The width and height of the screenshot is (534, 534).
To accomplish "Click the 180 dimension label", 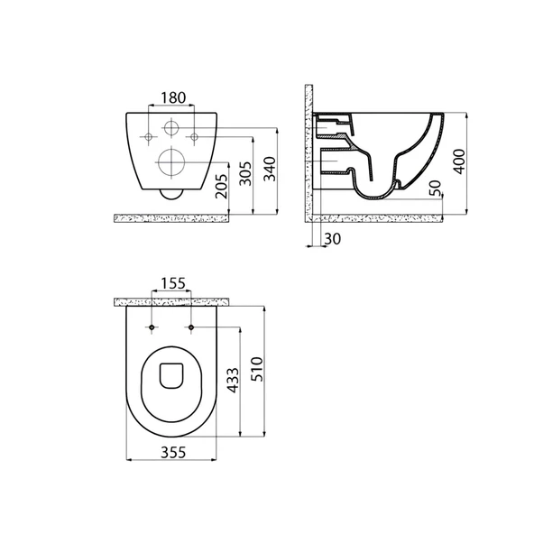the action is click(x=173, y=97).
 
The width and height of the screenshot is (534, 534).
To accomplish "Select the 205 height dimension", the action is click(x=221, y=187).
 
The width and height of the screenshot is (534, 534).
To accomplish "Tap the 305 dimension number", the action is click(x=245, y=173).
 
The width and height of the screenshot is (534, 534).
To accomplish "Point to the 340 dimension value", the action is click(x=270, y=169).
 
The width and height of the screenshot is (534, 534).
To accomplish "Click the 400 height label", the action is click(x=459, y=161).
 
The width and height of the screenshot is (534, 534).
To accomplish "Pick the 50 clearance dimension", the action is click(x=435, y=189).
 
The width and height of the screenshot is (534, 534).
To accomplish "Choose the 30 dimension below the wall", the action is click(x=332, y=239).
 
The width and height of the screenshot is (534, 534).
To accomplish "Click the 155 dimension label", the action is click(x=173, y=283).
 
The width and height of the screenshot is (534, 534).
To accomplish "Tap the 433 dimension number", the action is click(x=233, y=380).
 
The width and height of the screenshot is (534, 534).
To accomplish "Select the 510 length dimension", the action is click(x=257, y=369).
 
